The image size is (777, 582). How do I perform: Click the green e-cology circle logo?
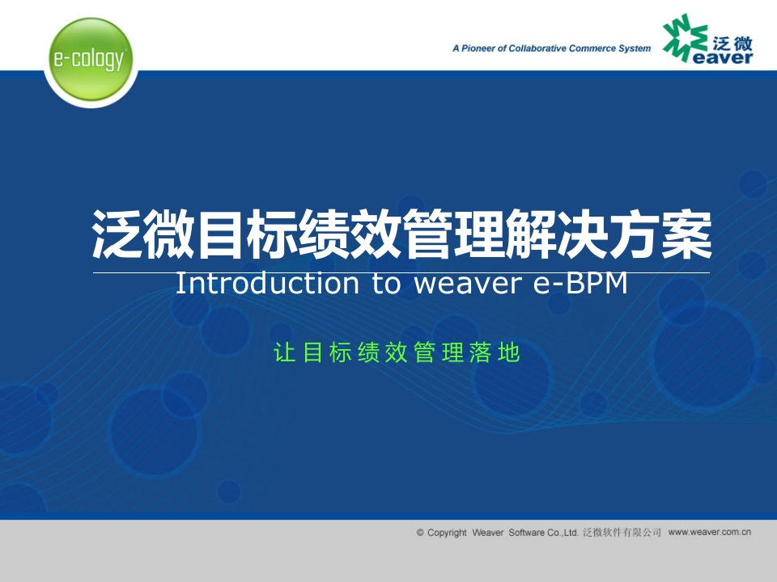pos(90,59)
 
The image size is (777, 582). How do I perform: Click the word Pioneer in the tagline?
pos(478,48)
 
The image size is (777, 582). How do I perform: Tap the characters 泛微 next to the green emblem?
pos(732,43)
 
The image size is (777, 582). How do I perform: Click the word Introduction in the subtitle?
pos(268,284)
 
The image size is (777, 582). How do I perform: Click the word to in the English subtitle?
pos(386,285)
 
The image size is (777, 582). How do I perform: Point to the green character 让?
pos(284,352)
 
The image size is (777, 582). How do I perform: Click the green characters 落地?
pos(495,352)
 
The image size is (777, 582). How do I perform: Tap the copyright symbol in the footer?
pos(420,533)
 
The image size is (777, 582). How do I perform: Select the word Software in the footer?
pos(526,533)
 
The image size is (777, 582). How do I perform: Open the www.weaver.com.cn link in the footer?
pos(709,532)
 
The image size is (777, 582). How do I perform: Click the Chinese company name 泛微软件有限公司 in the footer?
pos(622,533)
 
